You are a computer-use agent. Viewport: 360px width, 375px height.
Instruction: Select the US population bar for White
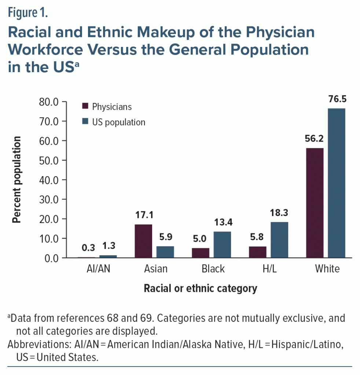336,183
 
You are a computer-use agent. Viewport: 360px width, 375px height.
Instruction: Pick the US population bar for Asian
165,252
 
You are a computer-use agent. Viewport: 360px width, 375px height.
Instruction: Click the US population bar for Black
222,245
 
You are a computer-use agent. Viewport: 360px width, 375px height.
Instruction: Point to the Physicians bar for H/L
258,252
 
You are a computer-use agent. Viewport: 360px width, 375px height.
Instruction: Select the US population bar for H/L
279,240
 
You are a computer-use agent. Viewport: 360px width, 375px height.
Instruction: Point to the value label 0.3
88,248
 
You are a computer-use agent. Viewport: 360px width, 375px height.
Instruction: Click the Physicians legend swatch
85,107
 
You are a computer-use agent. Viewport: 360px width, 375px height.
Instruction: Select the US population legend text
119,122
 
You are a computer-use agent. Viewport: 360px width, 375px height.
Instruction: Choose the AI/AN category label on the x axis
97,269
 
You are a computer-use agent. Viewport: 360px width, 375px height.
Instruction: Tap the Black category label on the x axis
213,269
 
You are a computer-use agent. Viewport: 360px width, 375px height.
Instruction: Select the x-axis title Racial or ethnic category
200,289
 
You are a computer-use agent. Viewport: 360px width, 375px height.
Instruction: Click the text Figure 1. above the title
28,14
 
